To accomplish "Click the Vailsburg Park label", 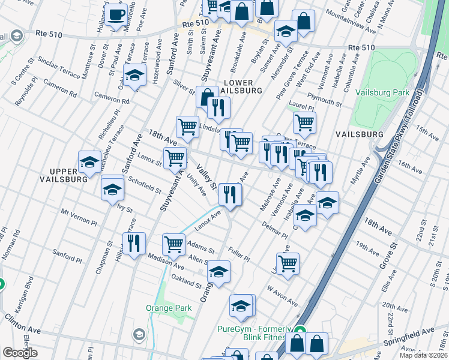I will [x=382, y=92].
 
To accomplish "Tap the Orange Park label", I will [x=169, y=308].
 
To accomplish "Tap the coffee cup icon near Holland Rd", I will [x=117, y=14].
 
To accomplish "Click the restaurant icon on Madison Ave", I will [x=133, y=242].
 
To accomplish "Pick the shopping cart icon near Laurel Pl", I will [x=305, y=122].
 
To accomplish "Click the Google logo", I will [x=20, y=353].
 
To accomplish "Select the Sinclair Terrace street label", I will [x=58, y=61].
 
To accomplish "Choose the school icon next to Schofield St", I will [x=112, y=189].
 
